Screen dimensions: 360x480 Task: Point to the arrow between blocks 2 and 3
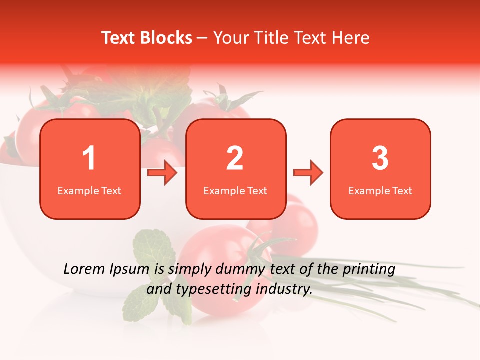[x=308, y=173]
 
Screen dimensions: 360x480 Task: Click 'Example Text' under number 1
[x=89, y=190]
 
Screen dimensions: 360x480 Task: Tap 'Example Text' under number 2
[x=235, y=190]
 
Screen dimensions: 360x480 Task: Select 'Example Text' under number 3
[x=380, y=190]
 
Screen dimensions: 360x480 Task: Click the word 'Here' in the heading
[x=352, y=38]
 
